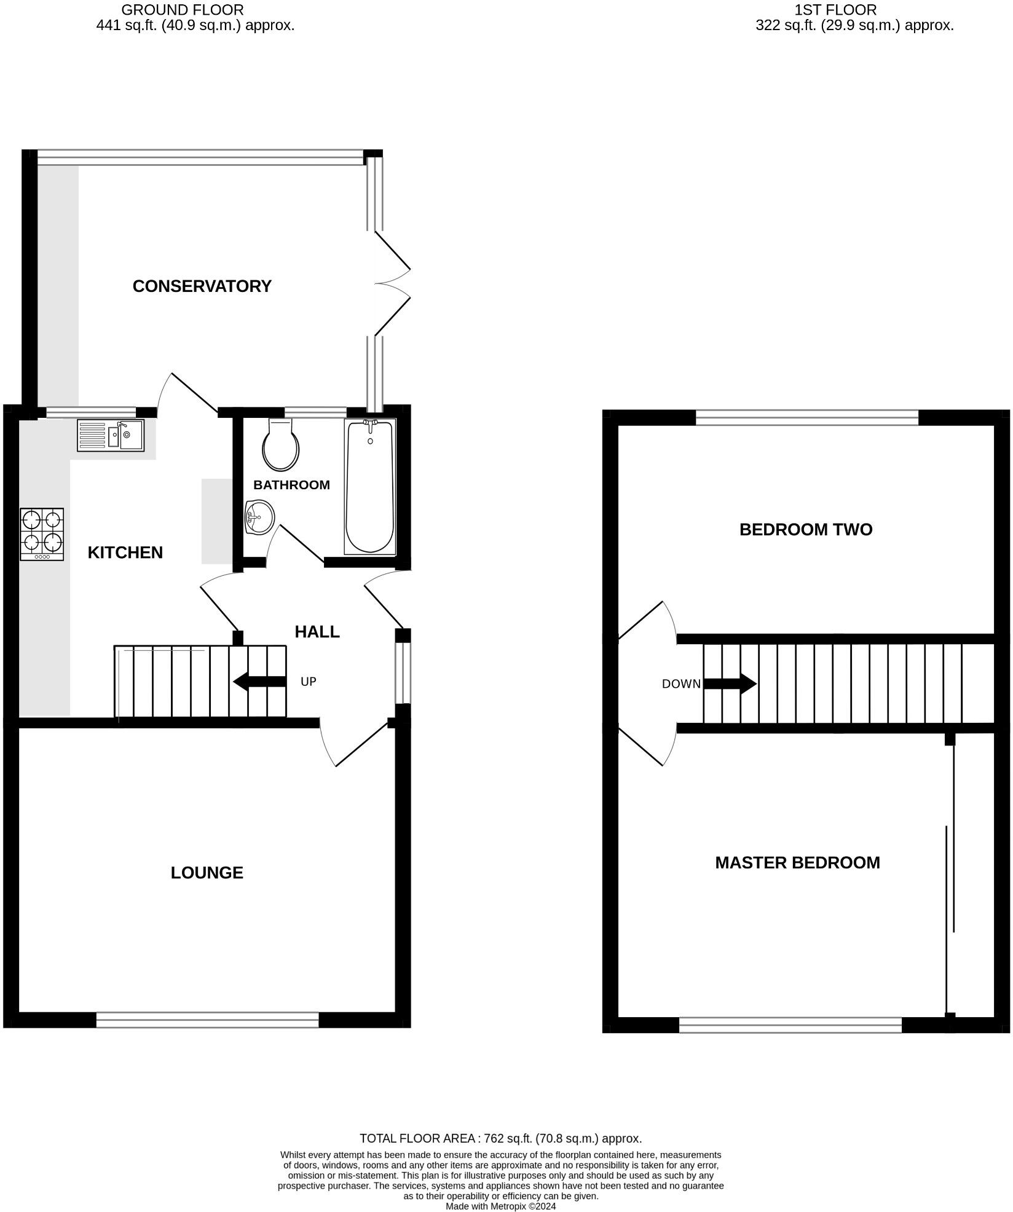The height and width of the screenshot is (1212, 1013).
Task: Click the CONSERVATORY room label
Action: (x=202, y=286)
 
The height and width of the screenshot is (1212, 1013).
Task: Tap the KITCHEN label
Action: (x=125, y=553)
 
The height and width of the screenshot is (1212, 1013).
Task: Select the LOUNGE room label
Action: (x=207, y=873)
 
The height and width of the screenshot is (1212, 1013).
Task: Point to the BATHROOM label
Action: (x=291, y=485)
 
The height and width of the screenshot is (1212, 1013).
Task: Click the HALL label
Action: (x=317, y=632)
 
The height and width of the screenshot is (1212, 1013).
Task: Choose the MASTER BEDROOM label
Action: (x=797, y=862)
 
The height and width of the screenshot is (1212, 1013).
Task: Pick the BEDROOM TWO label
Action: (x=805, y=529)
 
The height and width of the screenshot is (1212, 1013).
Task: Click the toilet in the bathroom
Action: (x=280, y=446)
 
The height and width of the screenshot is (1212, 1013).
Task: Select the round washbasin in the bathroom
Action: (x=260, y=517)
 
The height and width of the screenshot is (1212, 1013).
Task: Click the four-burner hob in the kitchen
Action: (x=42, y=533)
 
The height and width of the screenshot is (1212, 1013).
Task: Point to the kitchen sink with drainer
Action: (x=111, y=435)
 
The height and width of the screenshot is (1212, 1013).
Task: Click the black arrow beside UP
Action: (x=259, y=682)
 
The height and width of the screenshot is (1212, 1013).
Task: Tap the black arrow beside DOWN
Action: (x=730, y=683)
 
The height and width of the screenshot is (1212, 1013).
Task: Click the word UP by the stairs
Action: (x=308, y=682)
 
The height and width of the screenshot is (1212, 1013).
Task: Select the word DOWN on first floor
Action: (x=681, y=683)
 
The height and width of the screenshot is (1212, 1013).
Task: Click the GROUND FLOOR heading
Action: (x=183, y=10)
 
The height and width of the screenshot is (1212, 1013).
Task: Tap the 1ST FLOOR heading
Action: (x=835, y=10)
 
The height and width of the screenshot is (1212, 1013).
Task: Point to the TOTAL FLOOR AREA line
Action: (x=500, y=1138)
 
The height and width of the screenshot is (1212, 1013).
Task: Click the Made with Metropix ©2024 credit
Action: (x=500, y=1206)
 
